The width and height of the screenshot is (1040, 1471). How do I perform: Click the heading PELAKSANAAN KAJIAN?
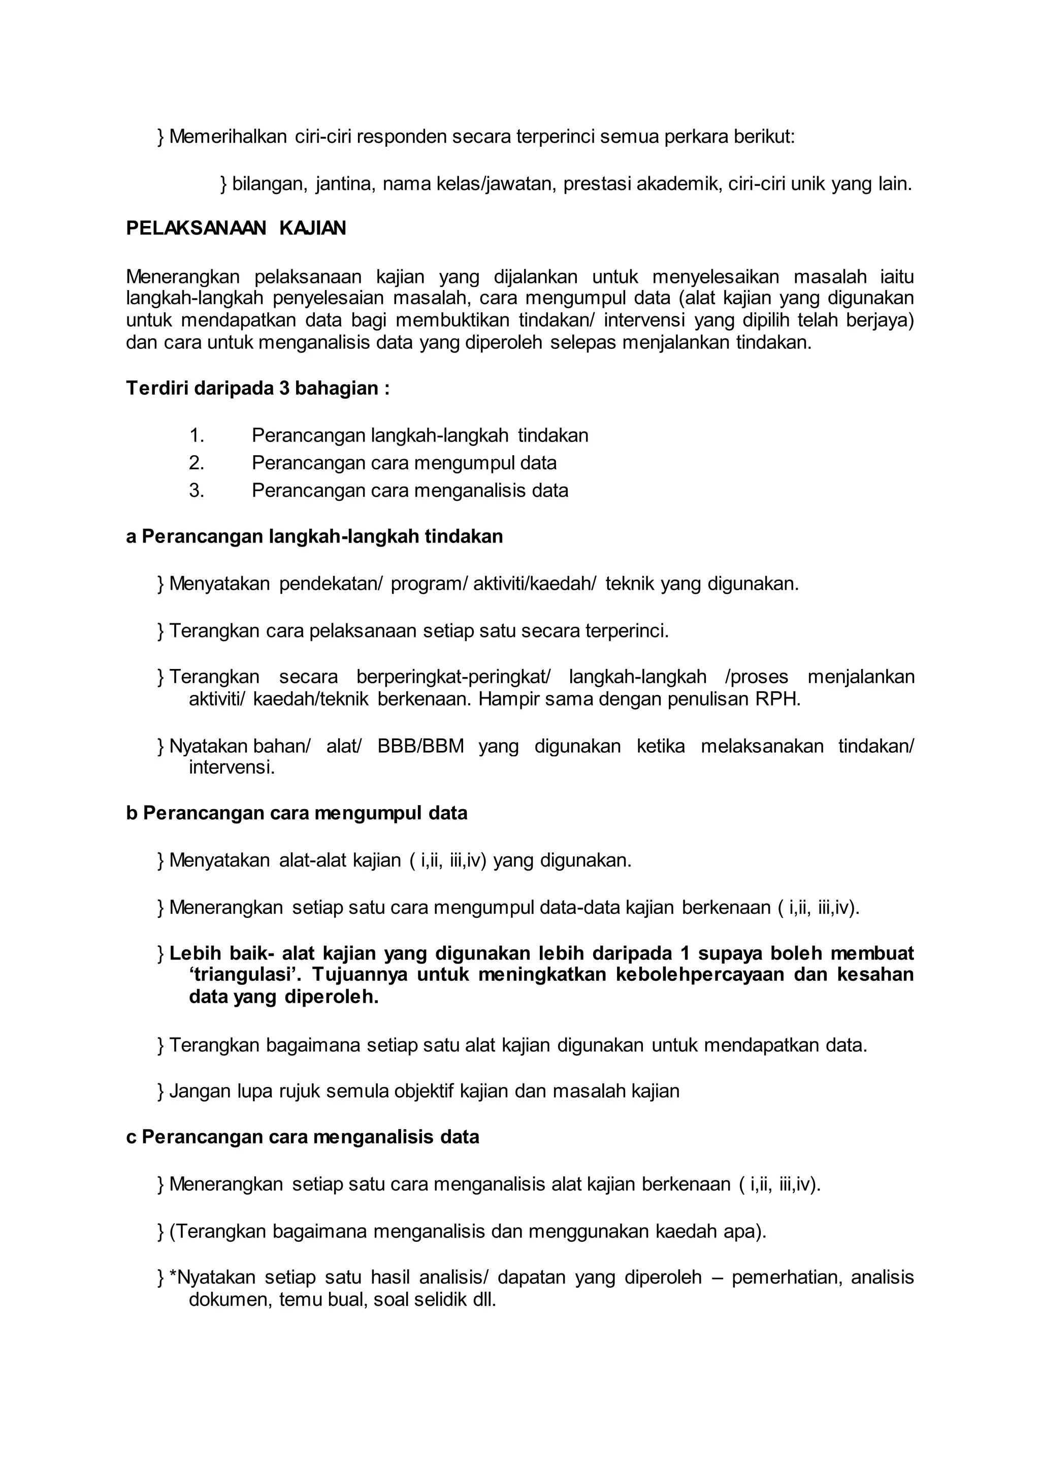coord(236,229)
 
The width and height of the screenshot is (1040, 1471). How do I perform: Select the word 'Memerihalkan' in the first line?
coord(228,137)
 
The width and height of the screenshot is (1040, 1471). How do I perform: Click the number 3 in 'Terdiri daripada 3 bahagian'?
coord(284,389)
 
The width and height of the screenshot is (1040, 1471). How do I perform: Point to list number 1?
coord(196,436)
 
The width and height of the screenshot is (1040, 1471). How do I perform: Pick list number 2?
coord(196,463)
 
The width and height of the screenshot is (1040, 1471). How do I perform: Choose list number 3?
coord(196,491)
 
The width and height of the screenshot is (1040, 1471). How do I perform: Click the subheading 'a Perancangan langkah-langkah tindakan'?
coord(314,537)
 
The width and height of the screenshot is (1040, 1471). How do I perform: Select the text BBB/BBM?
coord(421,746)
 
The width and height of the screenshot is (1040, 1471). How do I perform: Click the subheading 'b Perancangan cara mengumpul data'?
coord(297,814)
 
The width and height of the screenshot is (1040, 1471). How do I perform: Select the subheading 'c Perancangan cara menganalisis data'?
coord(302,1137)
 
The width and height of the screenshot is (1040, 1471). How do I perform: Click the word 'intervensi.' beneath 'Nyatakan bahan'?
coord(231,768)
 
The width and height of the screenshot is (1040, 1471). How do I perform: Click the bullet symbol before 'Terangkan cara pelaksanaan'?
coord(160,632)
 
